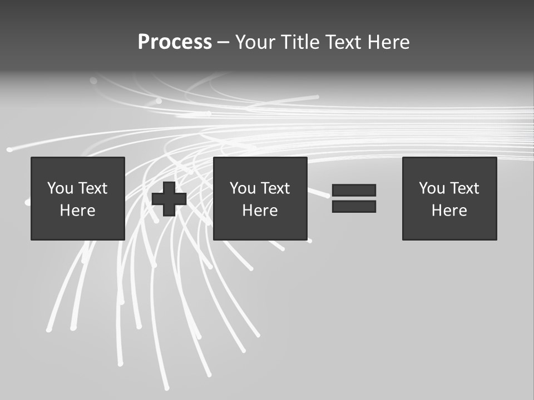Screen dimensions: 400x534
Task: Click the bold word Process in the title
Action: pyautogui.click(x=175, y=42)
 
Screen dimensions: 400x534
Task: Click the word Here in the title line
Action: pyautogui.click(x=389, y=42)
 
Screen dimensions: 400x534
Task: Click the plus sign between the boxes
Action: pyautogui.click(x=169, y=199)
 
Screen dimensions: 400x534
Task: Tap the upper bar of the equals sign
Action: pyautogui.click(x=354, y=190)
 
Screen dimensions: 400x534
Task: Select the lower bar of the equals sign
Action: pyautogui.click(x=354, y=206)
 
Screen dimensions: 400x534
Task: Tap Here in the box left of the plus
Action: pyautogui.click(x=77, y=211)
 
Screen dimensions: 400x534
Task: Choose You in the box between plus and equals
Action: pyautogui.click(x=243, y=188)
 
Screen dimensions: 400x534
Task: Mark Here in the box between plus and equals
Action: pyautogui.click(x=260, y=211)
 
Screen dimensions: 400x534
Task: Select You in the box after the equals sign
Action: pyautogui.click(x=432, y=188)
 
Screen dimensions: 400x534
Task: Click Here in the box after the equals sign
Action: pyautogui.click(x=449, y=211)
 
